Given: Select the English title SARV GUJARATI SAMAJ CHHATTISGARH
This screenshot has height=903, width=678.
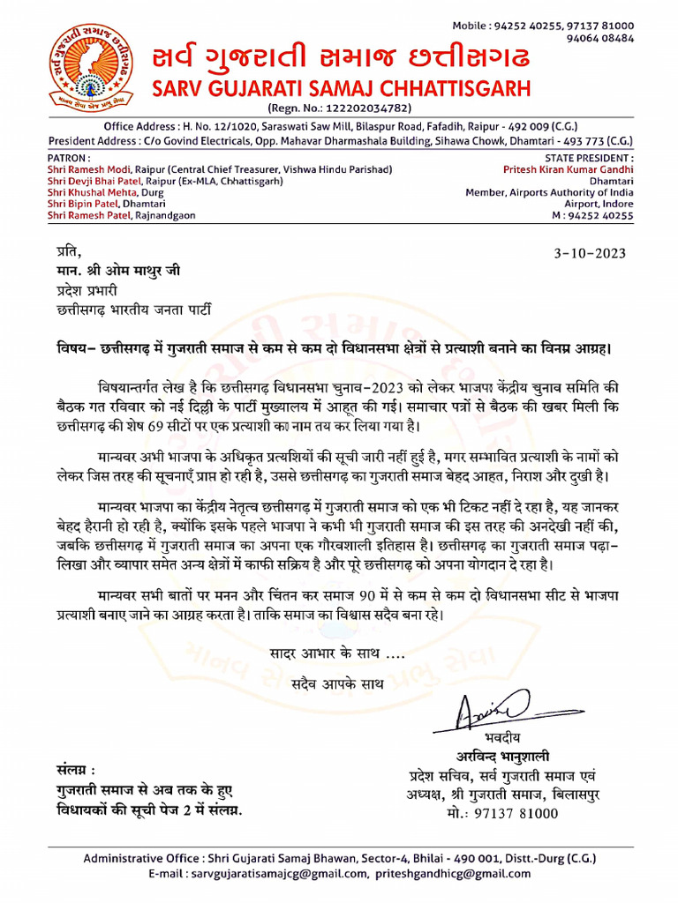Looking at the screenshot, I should click(341, 88).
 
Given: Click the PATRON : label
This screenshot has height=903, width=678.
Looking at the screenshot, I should click(68, 157).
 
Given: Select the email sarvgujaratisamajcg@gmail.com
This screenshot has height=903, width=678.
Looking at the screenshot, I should click(277, 874).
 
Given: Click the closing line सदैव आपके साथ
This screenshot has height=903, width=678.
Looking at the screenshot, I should click(336, 683).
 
